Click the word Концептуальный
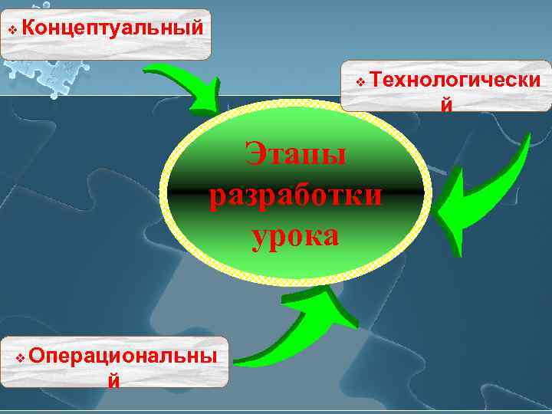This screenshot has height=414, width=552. pos(113,28)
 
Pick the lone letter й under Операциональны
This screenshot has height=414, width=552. pos(113,380)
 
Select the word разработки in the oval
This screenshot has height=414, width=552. pos(296,195)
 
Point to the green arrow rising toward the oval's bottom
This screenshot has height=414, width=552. pos(303,330)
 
